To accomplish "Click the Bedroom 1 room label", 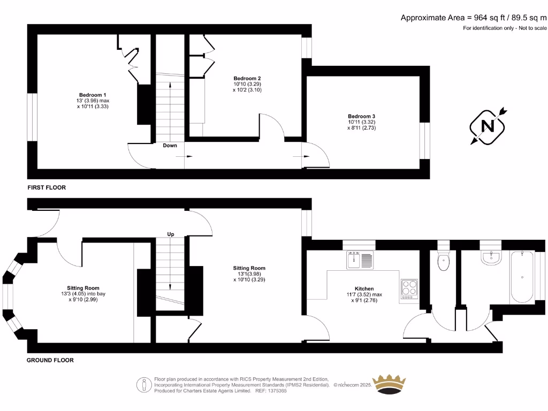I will (x=93, y=95).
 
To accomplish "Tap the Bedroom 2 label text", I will (x=247, y=78).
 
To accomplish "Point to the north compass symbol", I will (x=488, y=126).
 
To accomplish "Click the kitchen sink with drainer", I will (x=360, y=260).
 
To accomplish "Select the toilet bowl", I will (x=444, y=262).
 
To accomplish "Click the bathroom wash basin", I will (x=490, y=257).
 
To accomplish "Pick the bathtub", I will (x=522, y=277).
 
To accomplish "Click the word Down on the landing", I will (x=170, y=146).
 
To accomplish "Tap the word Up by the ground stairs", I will (x=171, y=234).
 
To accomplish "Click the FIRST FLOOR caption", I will (x=47, y=188).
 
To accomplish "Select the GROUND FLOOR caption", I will (x=50, y=360).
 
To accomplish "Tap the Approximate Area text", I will (x=474, y=18).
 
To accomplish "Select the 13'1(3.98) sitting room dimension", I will (x=249, y=274).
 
